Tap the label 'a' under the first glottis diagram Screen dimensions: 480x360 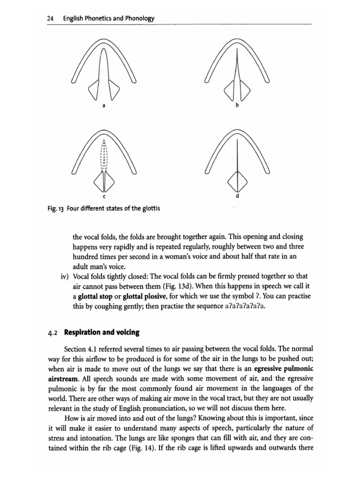tap(105, 106)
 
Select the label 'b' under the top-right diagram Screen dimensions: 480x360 tap(237, 106)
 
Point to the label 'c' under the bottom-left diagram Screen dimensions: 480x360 tap(105, 196)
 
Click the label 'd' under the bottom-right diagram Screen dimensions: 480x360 tap(237, 196)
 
